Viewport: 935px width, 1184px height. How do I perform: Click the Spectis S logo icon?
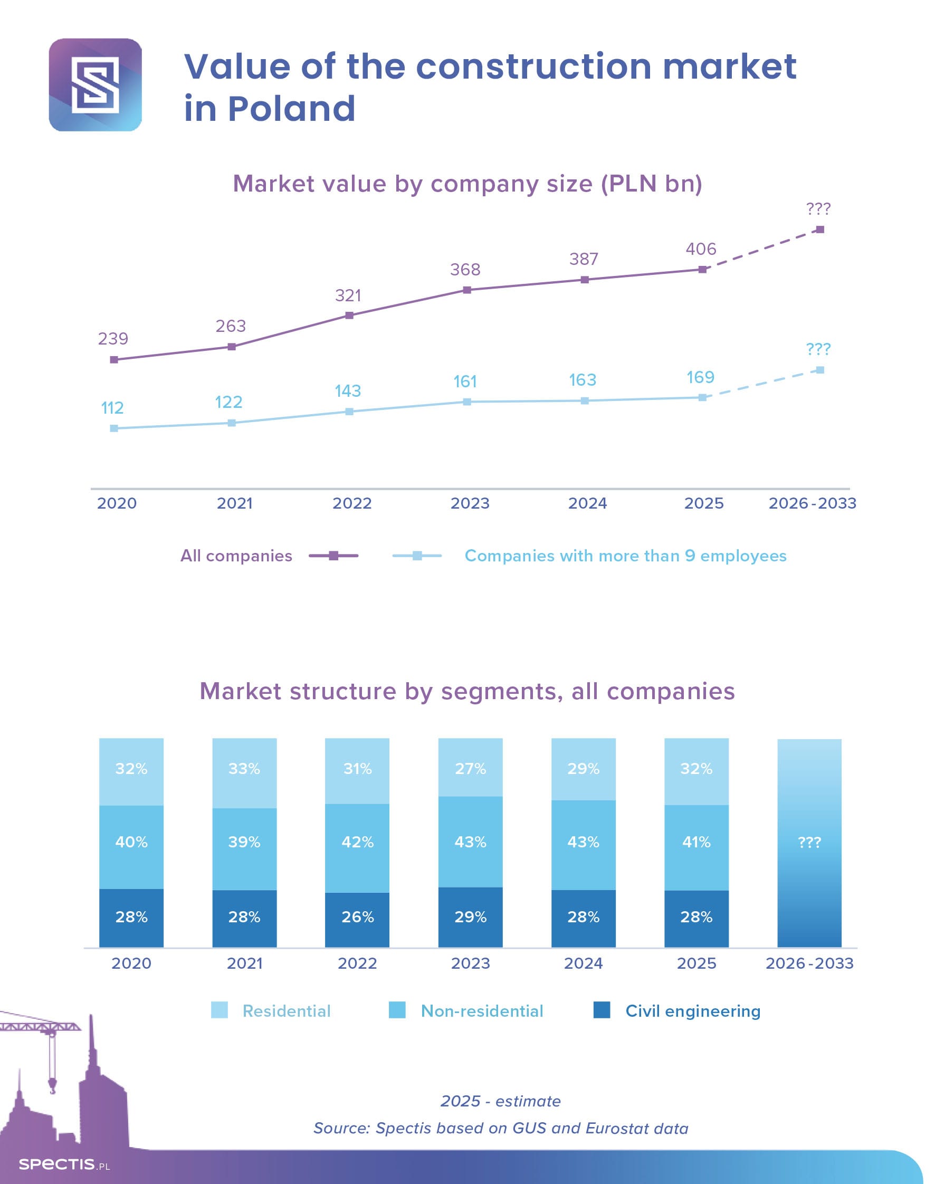96,85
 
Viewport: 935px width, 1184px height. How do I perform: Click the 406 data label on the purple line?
701,249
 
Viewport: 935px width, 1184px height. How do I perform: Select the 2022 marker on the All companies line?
349,316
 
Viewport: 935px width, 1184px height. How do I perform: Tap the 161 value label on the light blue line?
465,381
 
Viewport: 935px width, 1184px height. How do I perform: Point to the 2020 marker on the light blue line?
114,428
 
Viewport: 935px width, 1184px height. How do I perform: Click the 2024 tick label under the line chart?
587,503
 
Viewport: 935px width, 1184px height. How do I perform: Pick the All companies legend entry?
236,556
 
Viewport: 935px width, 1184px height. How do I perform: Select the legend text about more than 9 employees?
625,556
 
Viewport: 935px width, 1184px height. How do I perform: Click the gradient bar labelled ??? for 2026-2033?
809,843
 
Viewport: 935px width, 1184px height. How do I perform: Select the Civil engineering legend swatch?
602,1010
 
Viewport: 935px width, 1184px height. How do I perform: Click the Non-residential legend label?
482,1010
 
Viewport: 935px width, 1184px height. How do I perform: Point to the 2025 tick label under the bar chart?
697,963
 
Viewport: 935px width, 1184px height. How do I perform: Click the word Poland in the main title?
291,108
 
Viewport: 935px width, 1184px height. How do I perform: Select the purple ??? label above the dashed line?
818,208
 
